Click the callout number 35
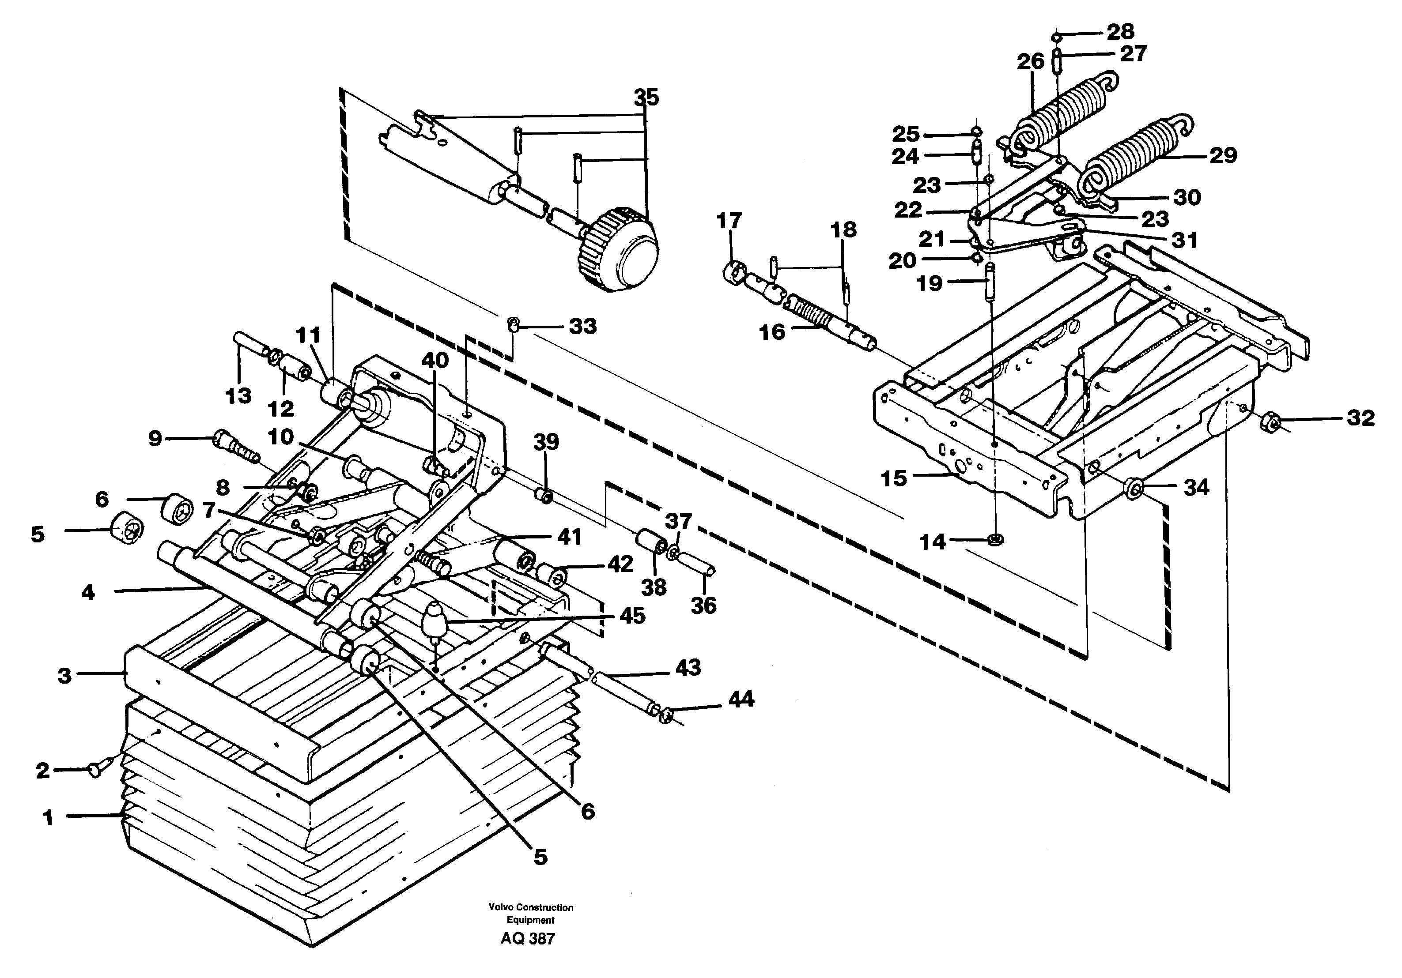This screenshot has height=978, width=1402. pyautogui.click(x=646, y=97)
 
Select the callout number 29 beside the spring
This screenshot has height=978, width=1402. pyautogui.click(x=1223, y=156)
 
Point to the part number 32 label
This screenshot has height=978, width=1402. pyautogui.click(x=1360, y=418)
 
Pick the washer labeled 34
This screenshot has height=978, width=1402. pyautogui.click(x=1133, y=488)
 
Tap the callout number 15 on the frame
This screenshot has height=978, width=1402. pyautogui.click(x=894, y=478)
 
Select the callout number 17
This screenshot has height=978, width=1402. pyautogui.click(x=729, y=220)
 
